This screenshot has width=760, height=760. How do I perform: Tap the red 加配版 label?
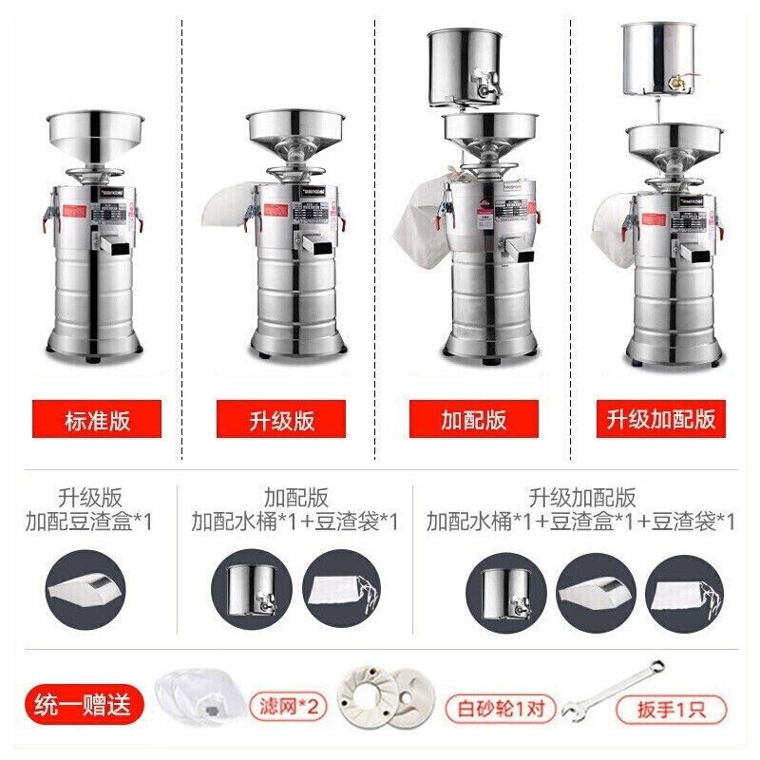[472, 419]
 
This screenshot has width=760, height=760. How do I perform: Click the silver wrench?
[612, 690]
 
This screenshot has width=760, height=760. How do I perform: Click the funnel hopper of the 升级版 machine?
[294, 133]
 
